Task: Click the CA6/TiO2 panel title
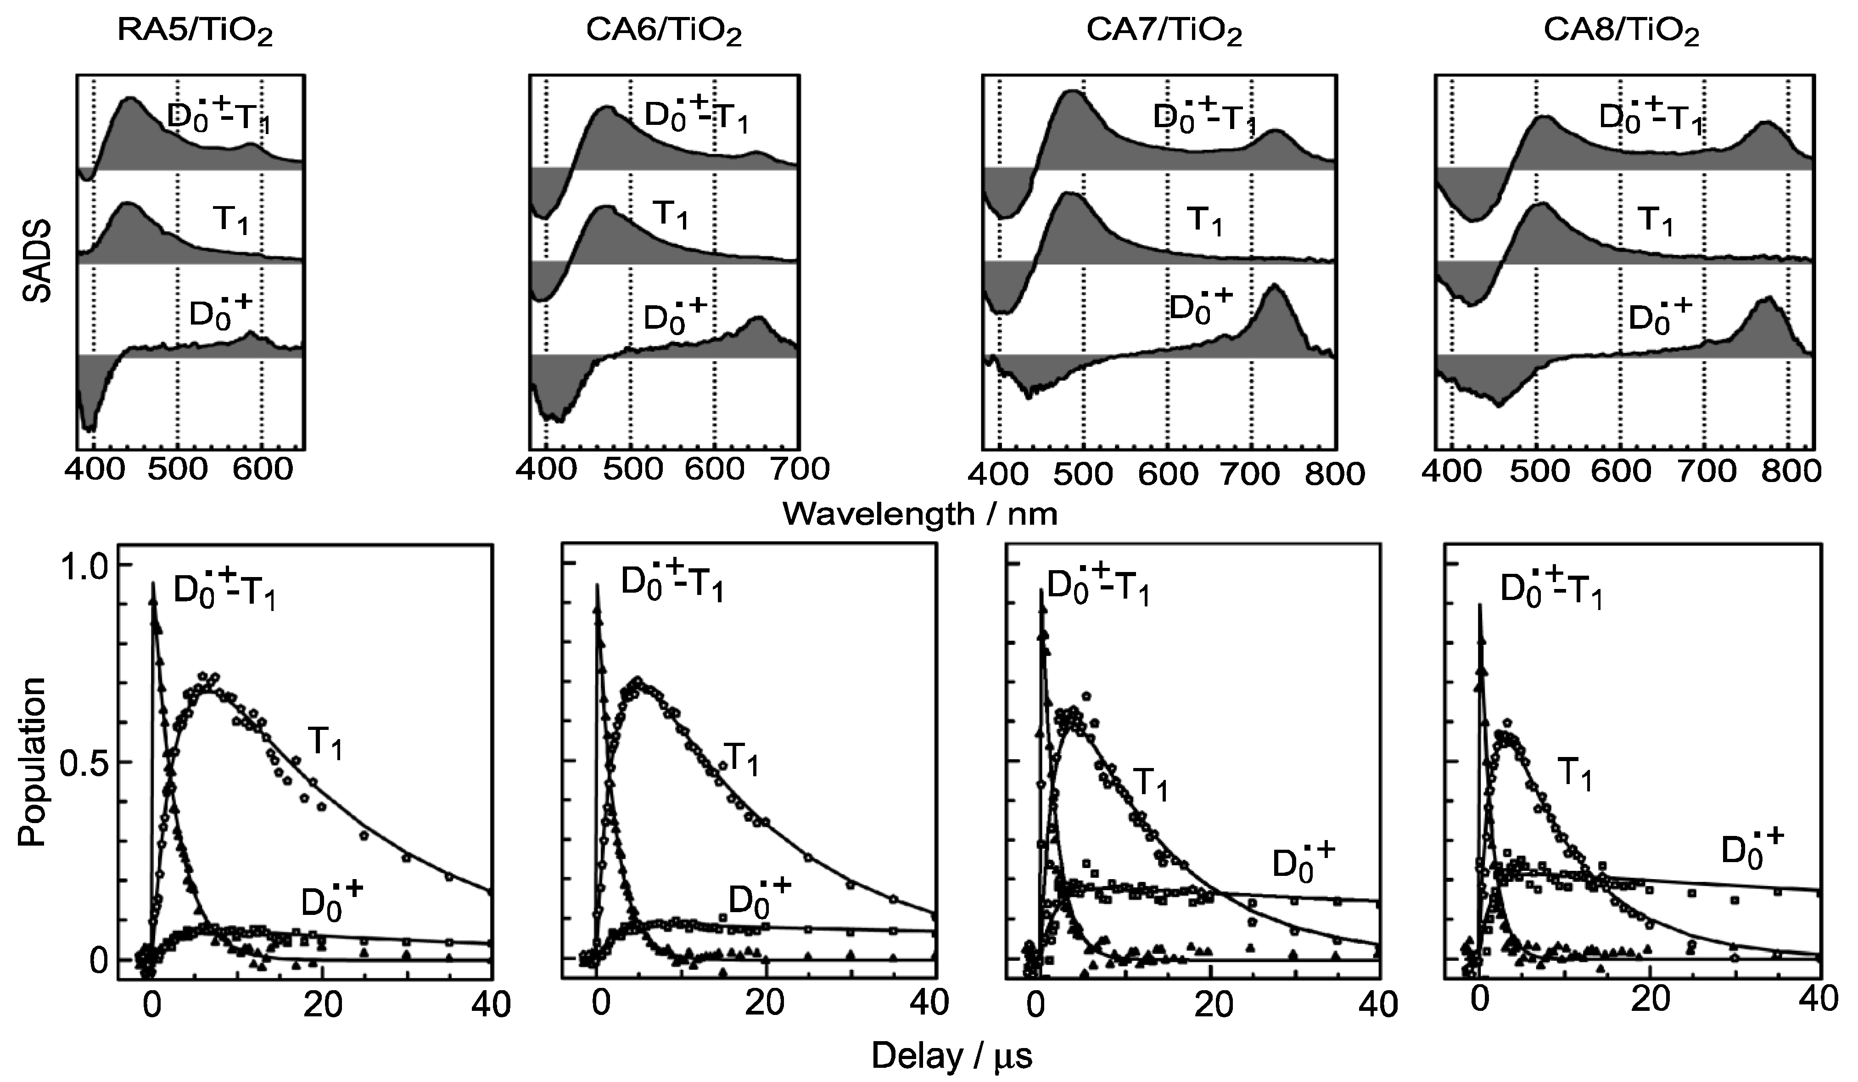tap(664, 33)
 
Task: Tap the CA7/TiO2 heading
tap(1164, 33)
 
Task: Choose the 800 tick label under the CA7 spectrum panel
tap(1334, 473)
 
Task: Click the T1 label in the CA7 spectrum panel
tap(1203, 220)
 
